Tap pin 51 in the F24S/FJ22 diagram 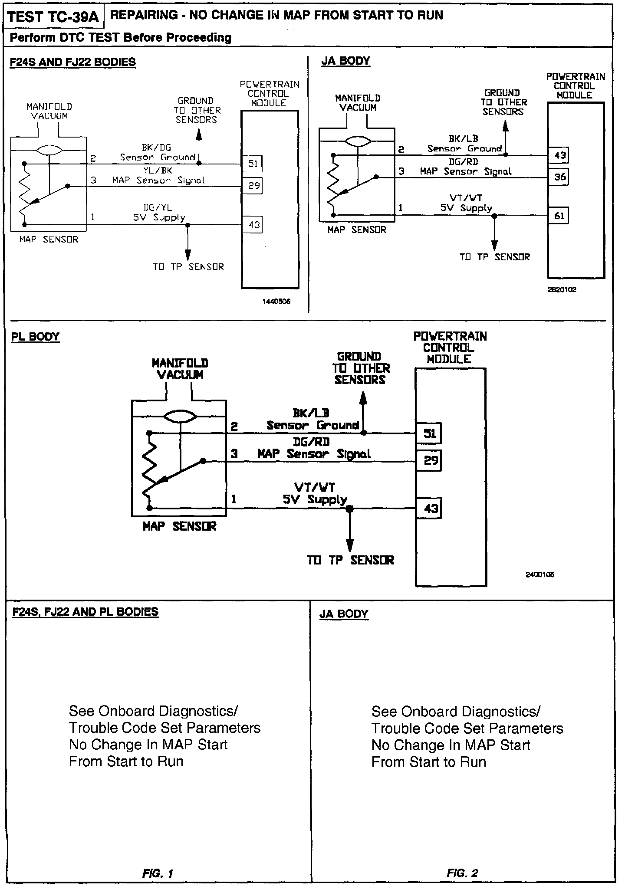click(x=253, y=164)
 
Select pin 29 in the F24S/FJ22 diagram click(x=253, y=186)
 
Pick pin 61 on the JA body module click(x=559, y=216)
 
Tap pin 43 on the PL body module click(x=429, y=508)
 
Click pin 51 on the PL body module click(x=429, y=433)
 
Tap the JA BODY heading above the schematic click(x=345, y=61)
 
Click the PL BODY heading click(x=35, y=337)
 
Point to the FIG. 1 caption click(x=158, y=873)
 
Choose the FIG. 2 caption click(x=462, y=873)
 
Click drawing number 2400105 click(x=540, y=574)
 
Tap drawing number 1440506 click(x=276, y=301)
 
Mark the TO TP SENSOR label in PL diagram click(x=351, y=560)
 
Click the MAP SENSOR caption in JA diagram click(x=357, y=230)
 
